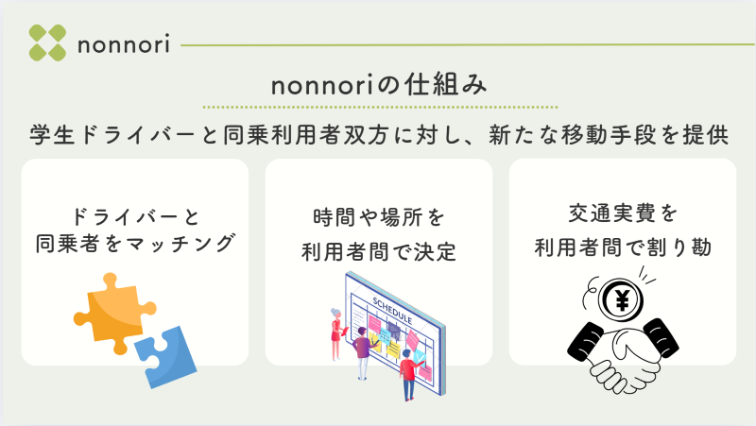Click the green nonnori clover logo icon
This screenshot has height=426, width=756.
tap(47, 43)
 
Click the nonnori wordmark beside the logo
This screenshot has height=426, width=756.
tap(124, 44)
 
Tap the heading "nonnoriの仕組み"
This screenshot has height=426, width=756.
tap(380, 85)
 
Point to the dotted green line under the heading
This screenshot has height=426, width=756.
tap(380, 107)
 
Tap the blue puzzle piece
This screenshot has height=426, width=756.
tap(165, 357)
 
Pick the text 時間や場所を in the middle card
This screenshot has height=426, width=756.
tap(379, 217)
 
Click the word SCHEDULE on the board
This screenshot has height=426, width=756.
tap(392, 311)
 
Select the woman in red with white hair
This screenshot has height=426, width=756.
tap(337, 333)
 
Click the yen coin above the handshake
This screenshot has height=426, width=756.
tap(622, 299)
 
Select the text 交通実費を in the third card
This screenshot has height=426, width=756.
tap(623, 213)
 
